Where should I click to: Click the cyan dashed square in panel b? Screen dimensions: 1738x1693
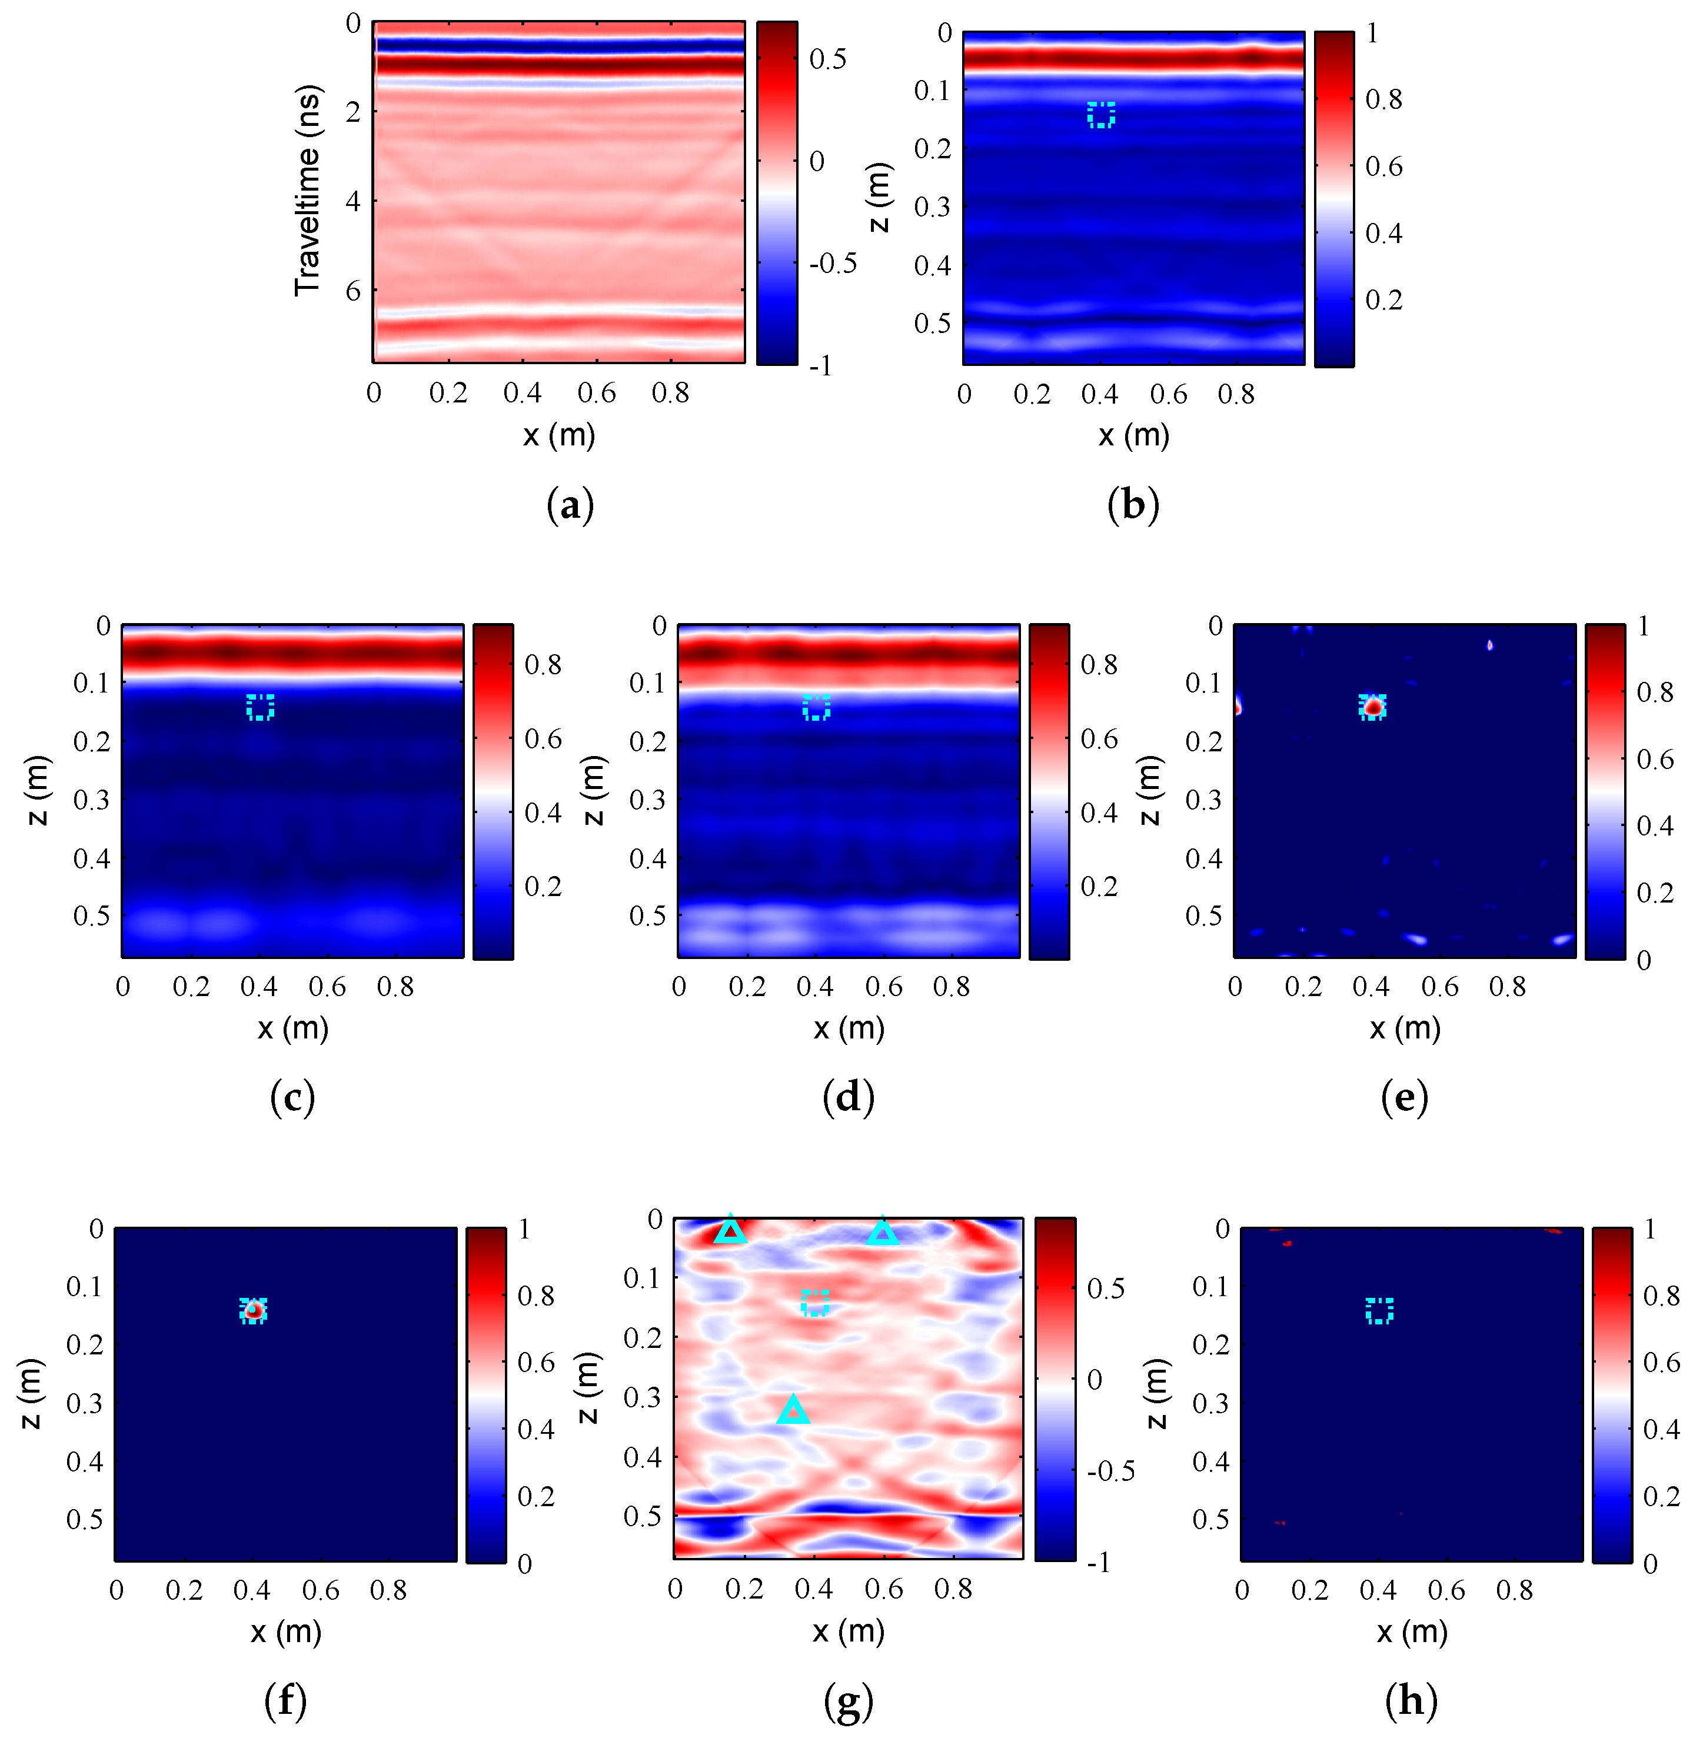(1101, 115)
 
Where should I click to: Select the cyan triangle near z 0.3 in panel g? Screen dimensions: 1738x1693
(793, 1410)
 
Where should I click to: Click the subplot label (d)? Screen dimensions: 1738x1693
(849, 1097)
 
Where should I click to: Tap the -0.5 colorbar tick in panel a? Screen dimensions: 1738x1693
(832, 263)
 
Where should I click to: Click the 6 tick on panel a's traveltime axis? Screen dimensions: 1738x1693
(353, 290)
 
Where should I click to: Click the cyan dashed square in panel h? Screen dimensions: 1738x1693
(1379, 1310)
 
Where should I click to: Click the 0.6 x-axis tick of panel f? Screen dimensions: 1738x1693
(320, 1590)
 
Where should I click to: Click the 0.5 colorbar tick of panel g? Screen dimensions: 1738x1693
(1105, 1288)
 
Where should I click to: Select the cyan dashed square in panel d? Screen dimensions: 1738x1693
(816, 708)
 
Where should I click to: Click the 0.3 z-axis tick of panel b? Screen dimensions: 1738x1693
(932, 207)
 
